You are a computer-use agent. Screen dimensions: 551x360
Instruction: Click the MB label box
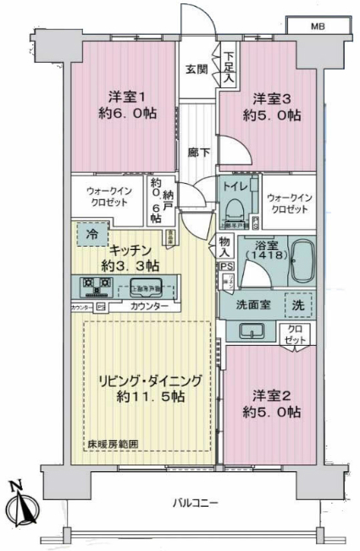[x=317, y=25]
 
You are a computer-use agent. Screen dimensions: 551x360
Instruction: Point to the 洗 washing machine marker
[x=297, y=304]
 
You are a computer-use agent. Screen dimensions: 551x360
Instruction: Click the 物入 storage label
[x=224, y=246]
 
